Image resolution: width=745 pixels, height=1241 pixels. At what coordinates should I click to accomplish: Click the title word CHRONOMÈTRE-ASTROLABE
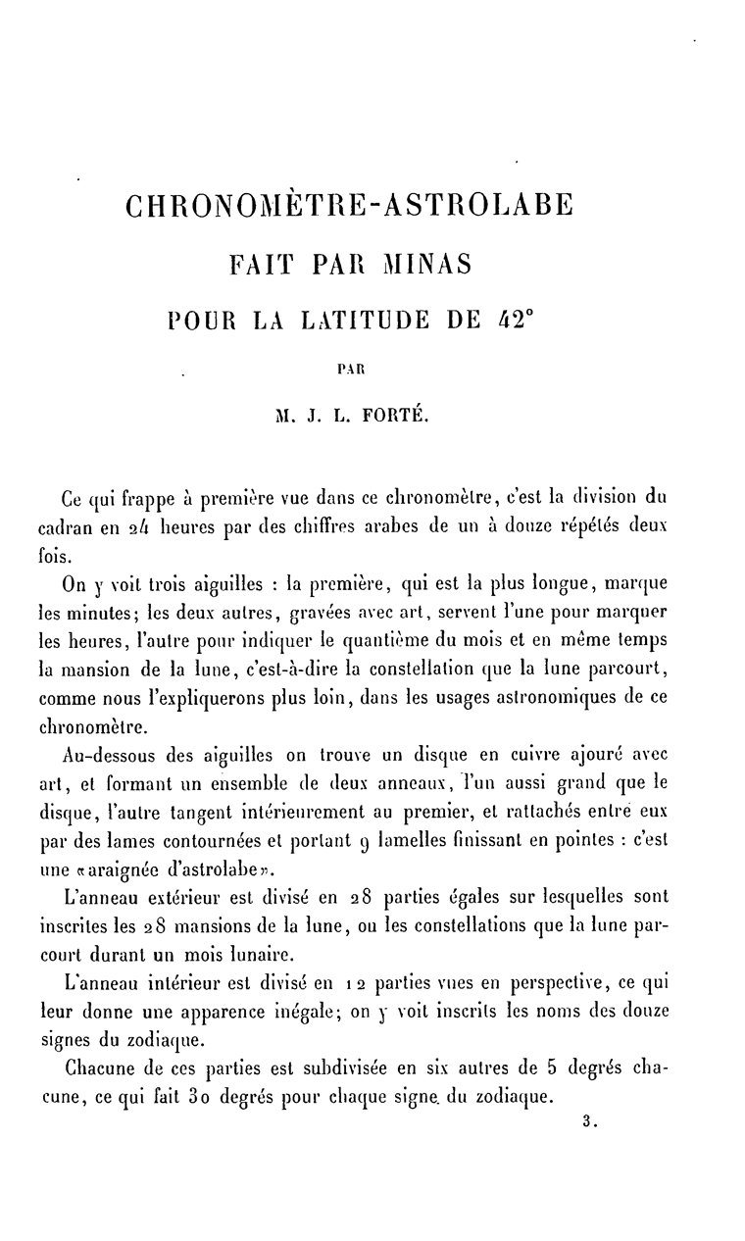click(348, 208)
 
